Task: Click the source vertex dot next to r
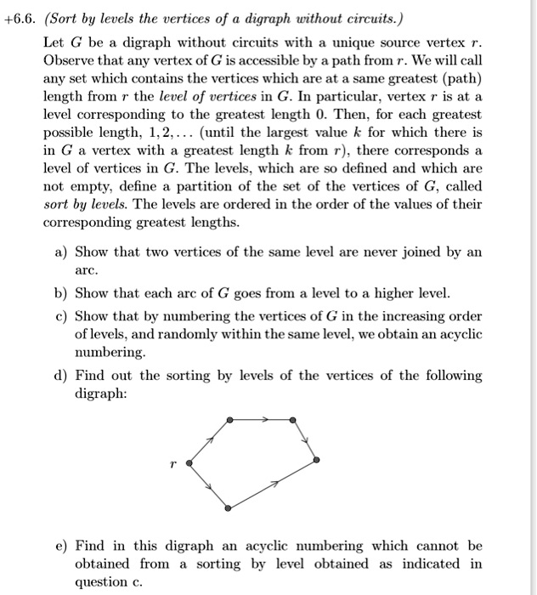pos(189,463)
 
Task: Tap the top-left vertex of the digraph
pos(229,420)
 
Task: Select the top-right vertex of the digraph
pos(293,420)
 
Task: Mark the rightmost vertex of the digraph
pos(316,460)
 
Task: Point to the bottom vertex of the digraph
pos(229,507)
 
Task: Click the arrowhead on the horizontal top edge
pos(266,420)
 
